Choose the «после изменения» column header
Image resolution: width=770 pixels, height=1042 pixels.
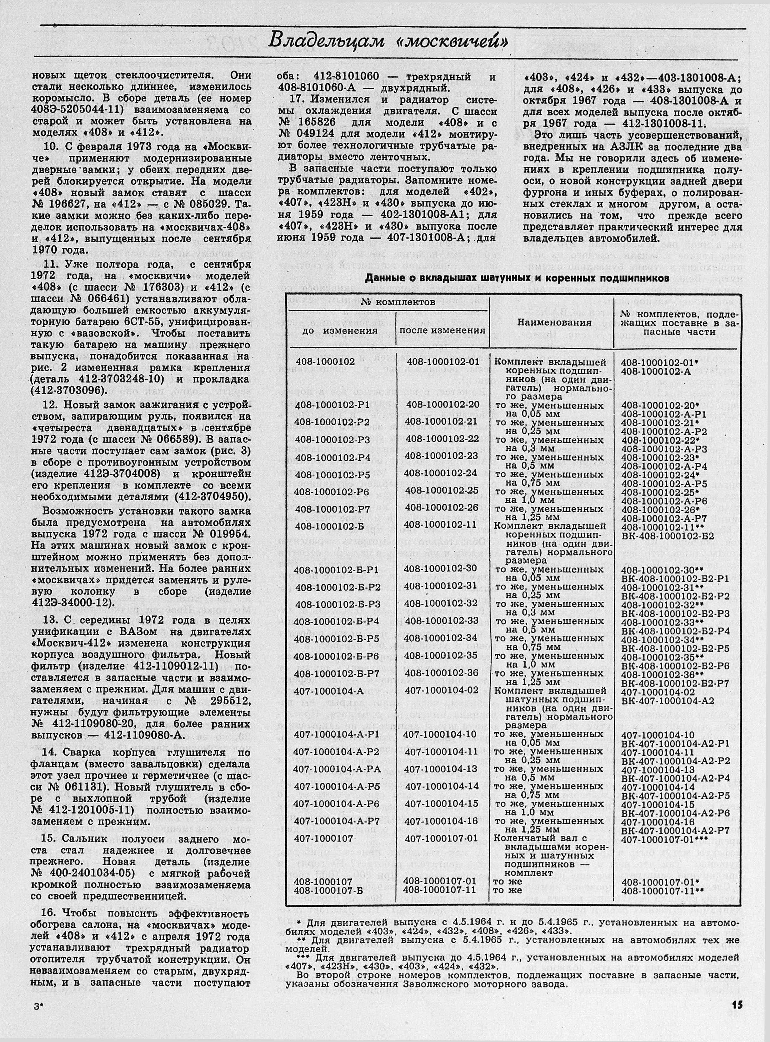click(x=443, y=330)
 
